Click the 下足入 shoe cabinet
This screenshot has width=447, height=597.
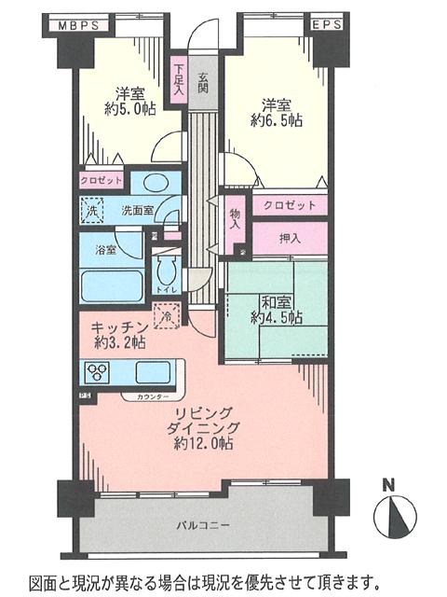pyautogui.click(x=178, y=76)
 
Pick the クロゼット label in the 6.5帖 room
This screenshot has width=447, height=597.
pyautogui.click(x=289, y=205)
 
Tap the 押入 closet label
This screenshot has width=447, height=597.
pyautogui.click(x=290, y=239)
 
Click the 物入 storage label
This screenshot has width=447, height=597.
pyautogui.click(x=234, y=219)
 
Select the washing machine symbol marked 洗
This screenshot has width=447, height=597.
pyautogui.click(x=92, y=212)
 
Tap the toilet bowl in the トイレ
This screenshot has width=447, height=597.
pyautogui.click(x=167, y=271)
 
